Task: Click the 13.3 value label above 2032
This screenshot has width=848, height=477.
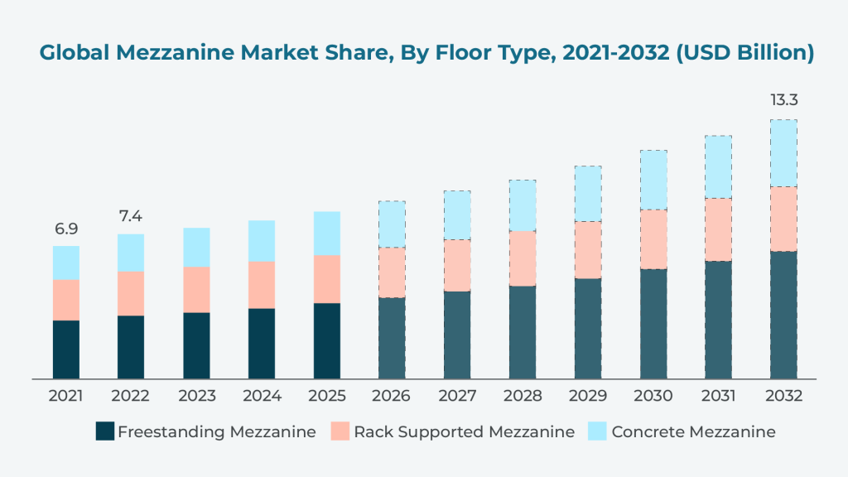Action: click(x=783, y=101)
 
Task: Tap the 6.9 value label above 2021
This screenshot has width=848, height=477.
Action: click(x=65, y=229)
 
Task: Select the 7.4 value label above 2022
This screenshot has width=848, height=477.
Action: click(x=131, y=217)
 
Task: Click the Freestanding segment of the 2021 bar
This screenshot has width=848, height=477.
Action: click(x=65, y=349)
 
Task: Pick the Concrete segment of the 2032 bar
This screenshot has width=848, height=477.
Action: click(x=783, y=153)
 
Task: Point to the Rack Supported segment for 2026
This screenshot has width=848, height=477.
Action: click(x=392, y=272)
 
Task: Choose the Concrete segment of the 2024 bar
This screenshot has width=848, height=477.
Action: click(x=262, y=241)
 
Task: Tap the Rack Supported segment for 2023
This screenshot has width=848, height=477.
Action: click(x=196, y=290)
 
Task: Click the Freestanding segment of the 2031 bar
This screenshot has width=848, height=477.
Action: click(x=718, y=320)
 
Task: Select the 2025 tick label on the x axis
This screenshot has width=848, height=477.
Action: click(x=326, y=397)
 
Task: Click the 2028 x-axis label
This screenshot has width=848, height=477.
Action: click(x=523, y=397)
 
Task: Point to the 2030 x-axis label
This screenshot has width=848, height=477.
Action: click(x=653, y=397)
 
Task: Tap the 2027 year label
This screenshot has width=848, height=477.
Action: click(x=457, y=397)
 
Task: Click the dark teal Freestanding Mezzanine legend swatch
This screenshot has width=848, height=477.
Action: click(x=104, y=431)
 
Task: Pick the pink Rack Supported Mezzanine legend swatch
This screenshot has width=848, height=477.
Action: click(x=340, y=431)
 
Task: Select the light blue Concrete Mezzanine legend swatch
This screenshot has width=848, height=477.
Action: click(x=598, y=431)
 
